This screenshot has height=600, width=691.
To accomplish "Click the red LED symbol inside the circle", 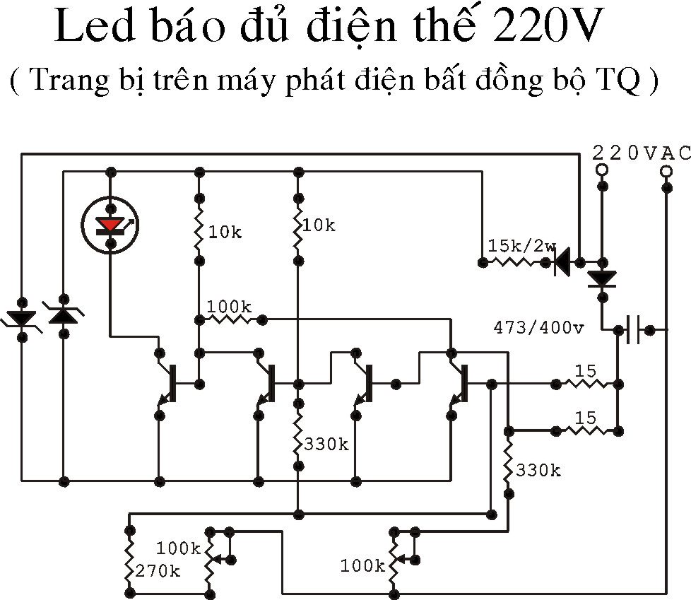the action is (110, 225).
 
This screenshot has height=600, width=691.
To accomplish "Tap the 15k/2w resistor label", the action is (522, 246).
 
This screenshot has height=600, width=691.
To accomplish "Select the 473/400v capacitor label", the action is (538, 327).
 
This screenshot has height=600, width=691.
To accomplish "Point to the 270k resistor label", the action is (158, 571).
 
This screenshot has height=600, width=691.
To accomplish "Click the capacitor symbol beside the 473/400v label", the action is (634, 329).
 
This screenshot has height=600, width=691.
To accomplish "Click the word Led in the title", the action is (94, 26).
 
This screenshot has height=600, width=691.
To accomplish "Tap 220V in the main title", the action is (548, 25).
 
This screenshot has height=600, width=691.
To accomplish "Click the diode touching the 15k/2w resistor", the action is (562, 262).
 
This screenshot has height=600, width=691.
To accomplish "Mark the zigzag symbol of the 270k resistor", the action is (129, 560).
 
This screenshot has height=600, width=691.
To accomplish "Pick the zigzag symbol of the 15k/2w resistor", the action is (514, 262).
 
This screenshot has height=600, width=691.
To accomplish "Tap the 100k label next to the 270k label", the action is (179, 548).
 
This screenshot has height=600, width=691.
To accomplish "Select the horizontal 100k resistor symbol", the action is (230, 319).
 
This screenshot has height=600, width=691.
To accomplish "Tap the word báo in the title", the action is (188, 25).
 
